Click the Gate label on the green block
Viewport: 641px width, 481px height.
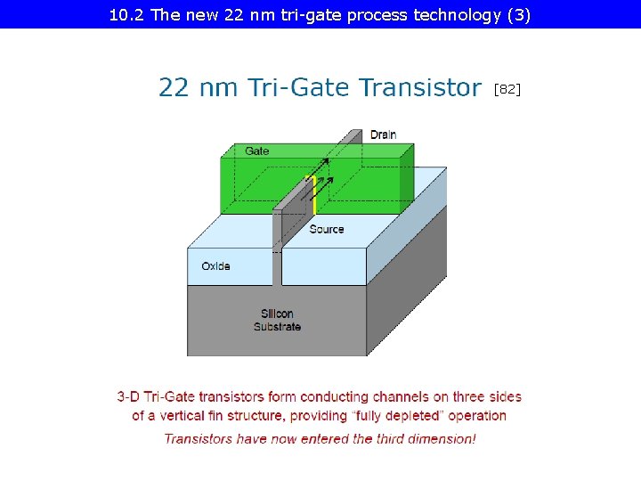point(257,151)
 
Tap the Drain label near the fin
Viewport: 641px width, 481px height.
point(384,135)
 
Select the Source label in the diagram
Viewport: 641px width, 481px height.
point(327,229)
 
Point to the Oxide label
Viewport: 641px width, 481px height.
point(215,266)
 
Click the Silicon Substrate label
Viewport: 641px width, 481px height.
point(277,320)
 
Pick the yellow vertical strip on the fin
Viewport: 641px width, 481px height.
point(314,195)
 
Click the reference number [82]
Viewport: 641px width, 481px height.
point(507,89)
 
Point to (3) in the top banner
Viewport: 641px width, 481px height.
point(517,15)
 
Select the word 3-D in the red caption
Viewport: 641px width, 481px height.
point(128,396)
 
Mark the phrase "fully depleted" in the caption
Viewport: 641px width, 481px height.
point(399,415)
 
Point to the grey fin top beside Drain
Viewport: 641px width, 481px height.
point(353,135)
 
